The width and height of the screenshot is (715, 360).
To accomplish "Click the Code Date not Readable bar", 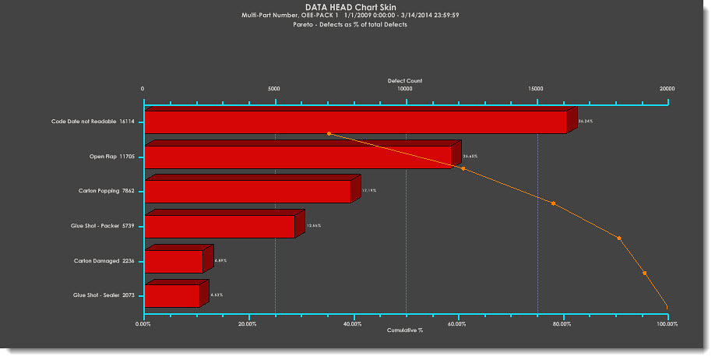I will coord(355,123).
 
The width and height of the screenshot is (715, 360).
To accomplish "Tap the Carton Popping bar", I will coord(248,192).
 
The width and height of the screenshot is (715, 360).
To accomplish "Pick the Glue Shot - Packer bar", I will coord(220,227).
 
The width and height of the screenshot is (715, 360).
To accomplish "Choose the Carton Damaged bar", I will coord(174,262).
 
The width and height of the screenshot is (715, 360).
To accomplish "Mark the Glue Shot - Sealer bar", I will coord(172,296).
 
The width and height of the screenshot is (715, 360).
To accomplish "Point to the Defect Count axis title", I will coord(404,80).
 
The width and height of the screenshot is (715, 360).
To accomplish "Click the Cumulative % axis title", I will coord(404,330).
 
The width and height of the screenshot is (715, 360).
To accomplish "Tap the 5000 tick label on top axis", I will coord(274,89).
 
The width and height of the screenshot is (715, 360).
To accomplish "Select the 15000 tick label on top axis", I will coord(536,89).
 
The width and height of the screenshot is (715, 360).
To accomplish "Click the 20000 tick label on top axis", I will coord(667,89).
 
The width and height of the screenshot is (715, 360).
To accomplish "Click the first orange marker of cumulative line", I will coord(329,134).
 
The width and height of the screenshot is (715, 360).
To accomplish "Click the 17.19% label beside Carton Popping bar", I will coord(368,190).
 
